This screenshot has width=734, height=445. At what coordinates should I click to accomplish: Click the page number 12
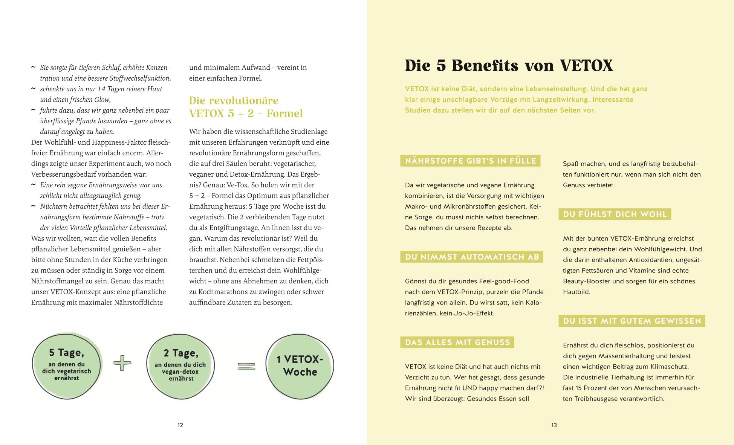click(180, 425)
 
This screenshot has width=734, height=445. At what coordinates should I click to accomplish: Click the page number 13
click(554, 425)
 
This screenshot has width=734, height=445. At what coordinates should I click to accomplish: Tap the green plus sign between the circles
click(122, 363)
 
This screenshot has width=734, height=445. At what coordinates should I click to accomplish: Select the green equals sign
click(246, 366)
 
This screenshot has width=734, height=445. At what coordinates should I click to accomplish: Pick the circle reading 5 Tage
click(67, 364)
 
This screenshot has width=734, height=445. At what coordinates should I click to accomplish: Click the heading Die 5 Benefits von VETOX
click(509, 66)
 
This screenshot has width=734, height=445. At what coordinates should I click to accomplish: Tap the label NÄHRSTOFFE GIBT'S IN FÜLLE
click(470, 161)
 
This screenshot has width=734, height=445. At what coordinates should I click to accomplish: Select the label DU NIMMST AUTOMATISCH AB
click(472, 257)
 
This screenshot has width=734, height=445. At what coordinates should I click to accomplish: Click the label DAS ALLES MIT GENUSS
click(457, 343)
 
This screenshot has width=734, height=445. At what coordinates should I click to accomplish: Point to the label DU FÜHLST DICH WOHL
click(615, 214)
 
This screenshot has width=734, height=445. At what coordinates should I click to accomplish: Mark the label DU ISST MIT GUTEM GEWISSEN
click(632, 321)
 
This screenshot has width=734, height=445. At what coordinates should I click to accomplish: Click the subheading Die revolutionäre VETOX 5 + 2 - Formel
click(246, 107)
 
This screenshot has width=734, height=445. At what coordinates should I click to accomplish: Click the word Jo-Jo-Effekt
click(467, 313)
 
